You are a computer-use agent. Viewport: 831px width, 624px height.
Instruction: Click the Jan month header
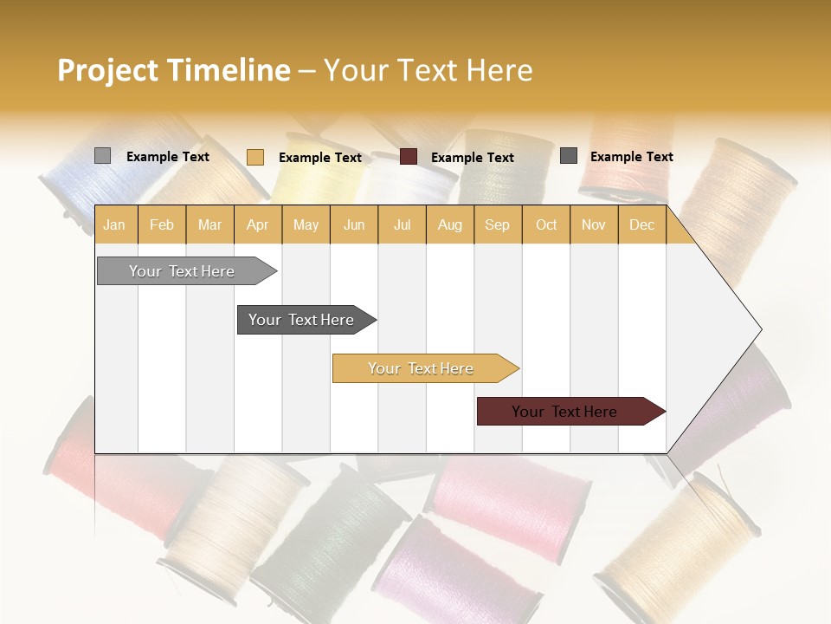(114, 225)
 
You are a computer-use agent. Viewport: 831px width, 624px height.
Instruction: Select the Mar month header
(209, 225)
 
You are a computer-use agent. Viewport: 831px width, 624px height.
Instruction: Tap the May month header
(306, 225)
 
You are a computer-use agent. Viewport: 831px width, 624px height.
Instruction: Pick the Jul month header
(402, 225)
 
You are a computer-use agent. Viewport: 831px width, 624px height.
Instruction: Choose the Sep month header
(497, 225)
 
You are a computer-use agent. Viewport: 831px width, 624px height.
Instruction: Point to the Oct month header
(546, 225)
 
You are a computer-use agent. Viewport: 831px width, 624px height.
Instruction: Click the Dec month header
(641, 225)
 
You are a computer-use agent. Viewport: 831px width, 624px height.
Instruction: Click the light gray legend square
(102, 156)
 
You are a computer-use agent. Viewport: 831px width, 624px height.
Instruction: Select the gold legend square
(254, 157)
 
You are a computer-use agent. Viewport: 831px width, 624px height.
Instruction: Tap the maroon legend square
(409, 157)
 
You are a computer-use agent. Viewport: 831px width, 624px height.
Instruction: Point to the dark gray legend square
(569, 156)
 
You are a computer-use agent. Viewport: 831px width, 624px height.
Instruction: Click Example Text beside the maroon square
(472, 158)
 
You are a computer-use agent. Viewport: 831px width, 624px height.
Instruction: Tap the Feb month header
(162, 225)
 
